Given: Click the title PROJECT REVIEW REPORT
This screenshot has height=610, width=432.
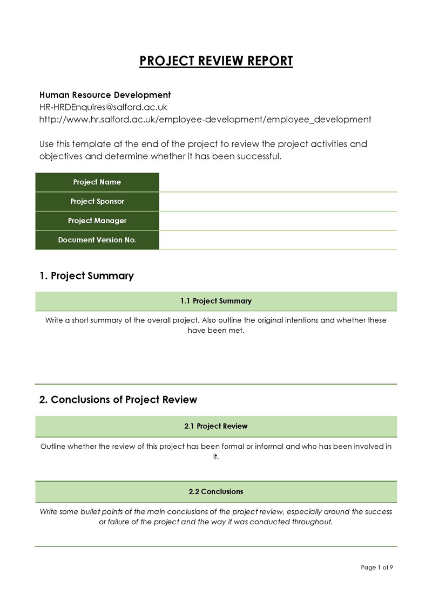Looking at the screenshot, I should tap(216, 61).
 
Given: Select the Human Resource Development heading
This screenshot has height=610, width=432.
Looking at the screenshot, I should tap(105, 95).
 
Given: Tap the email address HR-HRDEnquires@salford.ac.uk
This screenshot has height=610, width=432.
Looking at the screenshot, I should tap(103, 107).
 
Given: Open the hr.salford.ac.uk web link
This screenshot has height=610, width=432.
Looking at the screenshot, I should tap(205, 120).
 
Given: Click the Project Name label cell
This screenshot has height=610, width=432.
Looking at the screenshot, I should tap(97, 182).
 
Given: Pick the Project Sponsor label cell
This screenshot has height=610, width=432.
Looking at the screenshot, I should tap(97, 202).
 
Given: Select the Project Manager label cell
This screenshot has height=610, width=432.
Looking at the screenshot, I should tap(97, 221).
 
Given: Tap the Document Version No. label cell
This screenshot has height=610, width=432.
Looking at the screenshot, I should tap(97, 240).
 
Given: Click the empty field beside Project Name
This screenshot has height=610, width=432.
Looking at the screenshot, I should tap(278, 182).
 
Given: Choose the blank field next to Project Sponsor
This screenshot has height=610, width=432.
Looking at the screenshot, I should tap(278, 202).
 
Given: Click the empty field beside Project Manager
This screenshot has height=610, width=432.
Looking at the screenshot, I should tap(278, 221).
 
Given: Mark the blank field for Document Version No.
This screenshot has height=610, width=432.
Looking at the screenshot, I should tap(278, 240).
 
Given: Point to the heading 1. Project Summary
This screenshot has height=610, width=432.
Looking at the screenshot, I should tap(86, 276).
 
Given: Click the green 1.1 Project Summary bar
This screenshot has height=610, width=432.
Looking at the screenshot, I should tap(216, 301).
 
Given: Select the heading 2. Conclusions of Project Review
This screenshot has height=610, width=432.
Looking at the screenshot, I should tap(118, 400).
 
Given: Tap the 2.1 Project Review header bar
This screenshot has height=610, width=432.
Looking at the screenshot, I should tap(216, 426).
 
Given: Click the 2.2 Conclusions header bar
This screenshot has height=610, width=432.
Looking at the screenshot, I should tap(216, 492).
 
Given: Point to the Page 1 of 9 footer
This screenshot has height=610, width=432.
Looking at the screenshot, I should tap(376, 567).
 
